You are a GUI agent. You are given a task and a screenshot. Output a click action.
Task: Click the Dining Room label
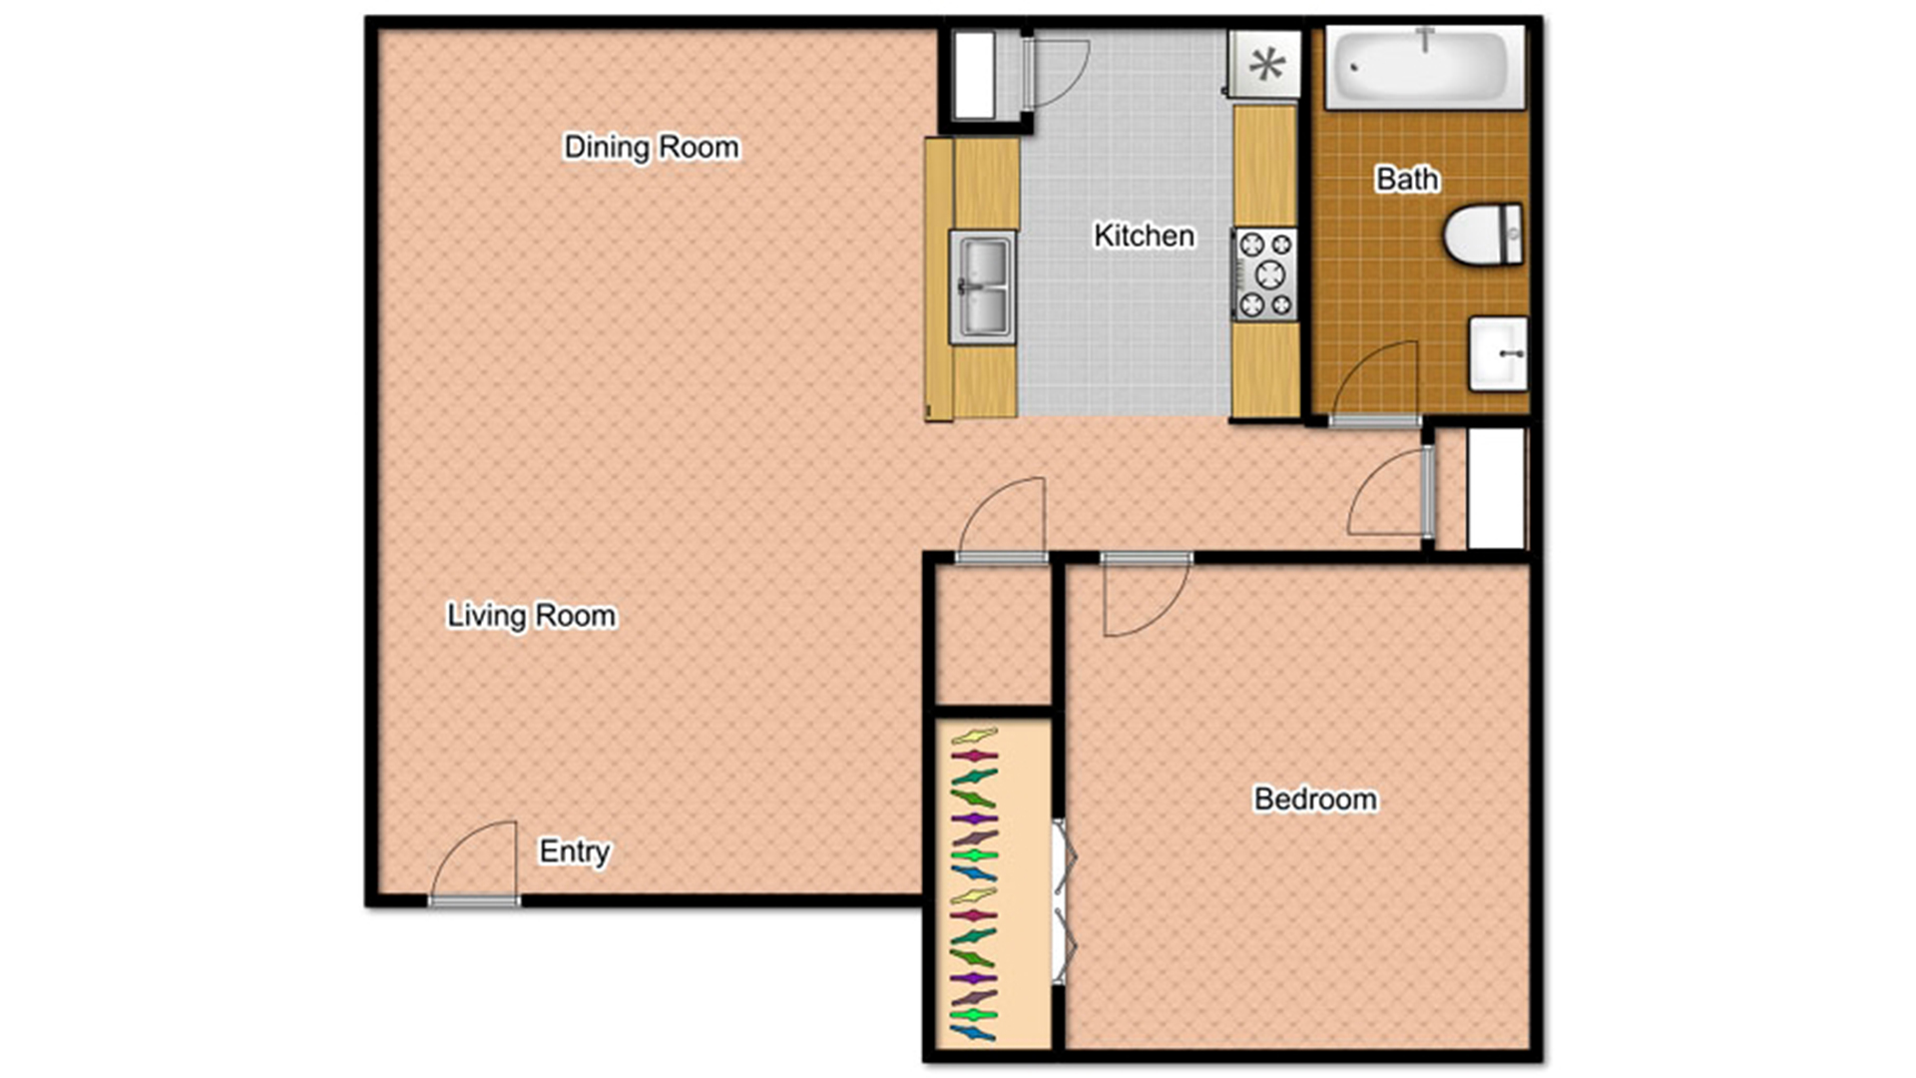click(651, 147)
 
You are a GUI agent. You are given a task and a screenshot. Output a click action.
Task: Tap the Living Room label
click(531, 615)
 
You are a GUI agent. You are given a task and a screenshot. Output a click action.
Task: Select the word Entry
click(574, 850)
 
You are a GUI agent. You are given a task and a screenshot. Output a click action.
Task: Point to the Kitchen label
click(1144, 235)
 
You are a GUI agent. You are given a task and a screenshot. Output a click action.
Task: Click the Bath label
click(1406, 179)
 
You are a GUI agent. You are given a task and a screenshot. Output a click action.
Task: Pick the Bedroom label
click(1314, 799)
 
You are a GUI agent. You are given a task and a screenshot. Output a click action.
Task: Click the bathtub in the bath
click(1423, 68)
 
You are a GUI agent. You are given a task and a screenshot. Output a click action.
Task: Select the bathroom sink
click(1498, 353)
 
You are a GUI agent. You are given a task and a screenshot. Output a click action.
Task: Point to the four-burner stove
click(1265, 273)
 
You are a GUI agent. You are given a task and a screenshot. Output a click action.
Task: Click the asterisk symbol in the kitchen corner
click(1266, 65)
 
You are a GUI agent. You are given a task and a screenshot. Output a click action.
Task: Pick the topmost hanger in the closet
click(974, 737)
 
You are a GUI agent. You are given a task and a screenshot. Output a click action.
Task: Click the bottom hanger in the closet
click(973, 1033)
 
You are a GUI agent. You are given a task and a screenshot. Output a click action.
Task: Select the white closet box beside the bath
click(1496, 488)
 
